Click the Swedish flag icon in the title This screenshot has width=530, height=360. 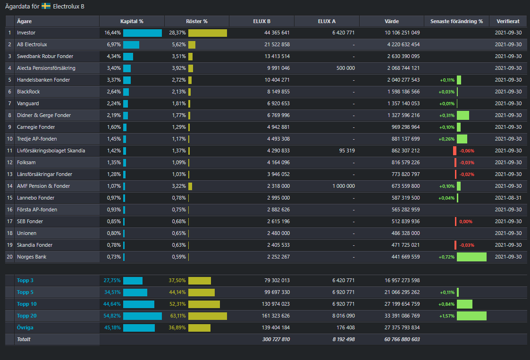coord(46,6)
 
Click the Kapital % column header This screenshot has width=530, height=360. coord(132,21)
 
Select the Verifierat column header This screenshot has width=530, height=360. coord(508,21)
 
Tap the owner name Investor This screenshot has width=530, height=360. coord(26,33)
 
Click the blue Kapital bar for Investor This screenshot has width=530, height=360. coord(143,33)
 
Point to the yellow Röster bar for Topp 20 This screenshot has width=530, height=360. coord(208,316)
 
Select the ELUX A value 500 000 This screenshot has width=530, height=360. coord(345,68)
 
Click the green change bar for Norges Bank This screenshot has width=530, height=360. coord(471,257)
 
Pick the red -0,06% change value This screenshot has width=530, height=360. coord(467,151)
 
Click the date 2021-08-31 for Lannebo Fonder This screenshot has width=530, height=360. coord(508,198)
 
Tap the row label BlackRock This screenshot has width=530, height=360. coord(28,92)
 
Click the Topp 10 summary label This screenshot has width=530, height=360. coord(27,304)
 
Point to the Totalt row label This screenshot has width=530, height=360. coord(24,339)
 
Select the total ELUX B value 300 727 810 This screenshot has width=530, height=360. coord(276,339)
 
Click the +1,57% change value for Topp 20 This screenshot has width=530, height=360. coord(447,316)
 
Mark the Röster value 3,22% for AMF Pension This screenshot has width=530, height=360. coord(179,186)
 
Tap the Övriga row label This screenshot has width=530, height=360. coord(25,327)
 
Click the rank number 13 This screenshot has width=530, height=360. coord(10,174)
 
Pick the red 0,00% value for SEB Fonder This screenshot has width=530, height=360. coord(466,221)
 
